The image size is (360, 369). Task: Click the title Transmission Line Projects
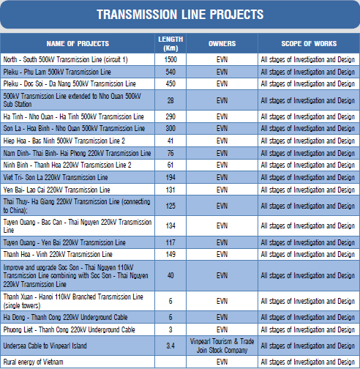tap(180, 15)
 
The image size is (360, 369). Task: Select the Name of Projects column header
tap(78, 44)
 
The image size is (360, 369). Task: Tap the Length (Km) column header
tap(170, 44)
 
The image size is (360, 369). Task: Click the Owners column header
tap(222, 44)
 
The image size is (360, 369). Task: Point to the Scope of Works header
tap(309, 44)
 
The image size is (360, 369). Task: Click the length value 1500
tap(170, 59)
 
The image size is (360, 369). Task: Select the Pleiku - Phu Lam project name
tap(57, 72)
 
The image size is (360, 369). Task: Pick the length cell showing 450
tap(170, 83)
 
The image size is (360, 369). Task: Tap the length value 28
tap(170, 100)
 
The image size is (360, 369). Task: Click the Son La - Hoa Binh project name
tap(74, 128)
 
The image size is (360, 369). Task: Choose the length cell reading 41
tap(170, 141)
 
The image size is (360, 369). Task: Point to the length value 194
tap(170, 177)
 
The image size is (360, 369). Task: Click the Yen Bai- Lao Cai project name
tap(56, 190)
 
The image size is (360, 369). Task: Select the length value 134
tap(170, 225)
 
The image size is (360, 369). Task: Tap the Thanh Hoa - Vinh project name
tap(58, 254)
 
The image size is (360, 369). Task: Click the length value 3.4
tap(170, 346)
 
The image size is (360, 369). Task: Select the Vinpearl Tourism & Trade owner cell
tap(222, 346)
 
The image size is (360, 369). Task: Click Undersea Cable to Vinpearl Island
tap(45, 346)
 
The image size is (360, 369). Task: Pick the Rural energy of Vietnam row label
tap(33, 362)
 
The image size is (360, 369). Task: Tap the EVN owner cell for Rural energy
tap(222, 362)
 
